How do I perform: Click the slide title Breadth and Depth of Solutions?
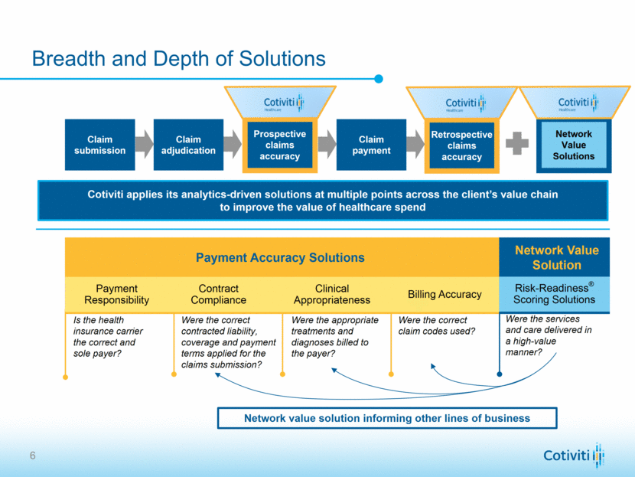pyautogui.click(x=178, y=59)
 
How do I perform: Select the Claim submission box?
pyautogui.click(x=99, y=145)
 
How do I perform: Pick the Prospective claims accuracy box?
pyautogui.click(x=279, y=145)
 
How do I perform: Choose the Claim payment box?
pyautogui.click(x=371, y=145)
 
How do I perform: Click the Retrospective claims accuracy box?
pyautogui.click(x=461, y=145)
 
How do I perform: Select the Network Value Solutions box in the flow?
pyautogui.click(x=573, y=145)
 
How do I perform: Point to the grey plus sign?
pyautogui.click(x=517, y=144)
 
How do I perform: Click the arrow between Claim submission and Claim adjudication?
pyautogui.click(x=145, y=144)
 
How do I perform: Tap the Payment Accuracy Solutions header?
pyautogui.click(x=282, y=257)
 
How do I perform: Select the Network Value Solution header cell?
pyautogui.click(x=556, y=257)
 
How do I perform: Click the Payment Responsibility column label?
pyautogui.click(x=117, y=295)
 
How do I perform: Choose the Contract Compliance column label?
pyautogui.click(x=218, y=295)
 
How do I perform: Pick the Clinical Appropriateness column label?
pyautogui.click(x=332, y=295)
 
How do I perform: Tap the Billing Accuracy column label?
pyautogui.click(x=444, y=295)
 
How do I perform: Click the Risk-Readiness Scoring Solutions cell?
pyautogui.click(x=555, y=293)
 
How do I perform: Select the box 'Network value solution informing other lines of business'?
pyautogui.click(x=386, y=418)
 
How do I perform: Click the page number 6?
pyautogui.click(x=32, y=457)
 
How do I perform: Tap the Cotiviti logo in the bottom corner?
pyautogui.click(x=574, y=455)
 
